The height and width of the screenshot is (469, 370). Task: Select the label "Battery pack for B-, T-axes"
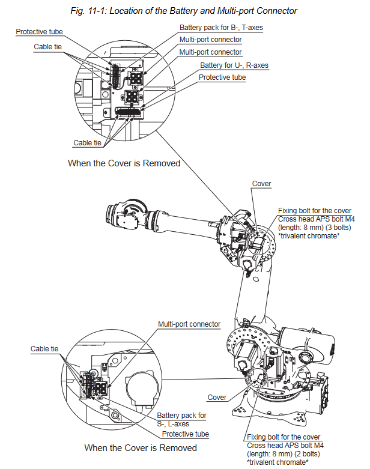click(221, 28)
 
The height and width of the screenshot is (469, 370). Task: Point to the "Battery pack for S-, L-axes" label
click(182, 419)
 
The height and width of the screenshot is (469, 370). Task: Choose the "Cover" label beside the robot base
click(217, 398)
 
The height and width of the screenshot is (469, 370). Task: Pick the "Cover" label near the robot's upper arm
click(261, 184)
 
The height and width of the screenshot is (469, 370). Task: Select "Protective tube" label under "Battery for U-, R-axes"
click(222, 77)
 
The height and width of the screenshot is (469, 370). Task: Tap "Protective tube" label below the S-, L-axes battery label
click(185, 434)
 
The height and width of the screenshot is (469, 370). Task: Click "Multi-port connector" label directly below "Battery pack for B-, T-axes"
click(210, 40)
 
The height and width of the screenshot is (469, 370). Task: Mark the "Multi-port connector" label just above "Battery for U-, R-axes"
click(210, 52)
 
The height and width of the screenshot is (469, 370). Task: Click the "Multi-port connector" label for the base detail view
click(189, 324)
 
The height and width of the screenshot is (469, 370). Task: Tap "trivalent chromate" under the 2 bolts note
click(277, 461)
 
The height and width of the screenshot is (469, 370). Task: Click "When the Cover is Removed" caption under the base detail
click(140, 448)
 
